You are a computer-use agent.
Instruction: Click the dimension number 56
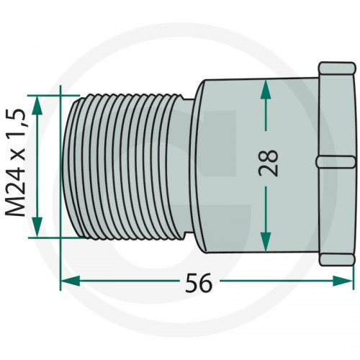tap(199, 282)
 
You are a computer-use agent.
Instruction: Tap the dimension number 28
tap(268, 163)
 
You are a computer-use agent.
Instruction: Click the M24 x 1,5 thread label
tap(16, 163)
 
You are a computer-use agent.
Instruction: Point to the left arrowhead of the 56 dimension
tap(70, 281)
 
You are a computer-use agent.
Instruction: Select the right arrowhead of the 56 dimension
tap(343, 281)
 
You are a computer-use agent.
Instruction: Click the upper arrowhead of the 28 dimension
tap(266, 89)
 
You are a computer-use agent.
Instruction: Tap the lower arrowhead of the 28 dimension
tap(266, 242)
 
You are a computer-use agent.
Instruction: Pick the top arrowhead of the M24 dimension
tap(37, 105)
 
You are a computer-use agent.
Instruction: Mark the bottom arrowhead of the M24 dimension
tap(37, 227)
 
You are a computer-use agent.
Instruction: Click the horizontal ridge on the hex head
tap(336, 161)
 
